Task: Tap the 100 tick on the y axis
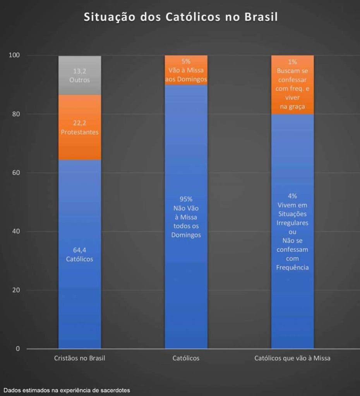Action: (14, 55)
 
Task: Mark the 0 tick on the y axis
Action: (18, 349)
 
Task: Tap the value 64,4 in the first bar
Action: (80, 250)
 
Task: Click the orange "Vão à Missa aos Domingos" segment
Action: (186, 70)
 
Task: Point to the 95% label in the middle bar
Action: (186, 199)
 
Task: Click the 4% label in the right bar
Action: (292, 196)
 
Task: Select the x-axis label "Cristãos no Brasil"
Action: (80, 358)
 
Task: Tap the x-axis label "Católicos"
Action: (186, 358)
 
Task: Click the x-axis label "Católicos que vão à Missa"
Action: (292, 358)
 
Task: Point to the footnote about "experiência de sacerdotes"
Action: (66, 390)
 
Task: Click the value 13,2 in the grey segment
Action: (80, 71)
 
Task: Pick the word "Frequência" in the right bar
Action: (292, 267)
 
